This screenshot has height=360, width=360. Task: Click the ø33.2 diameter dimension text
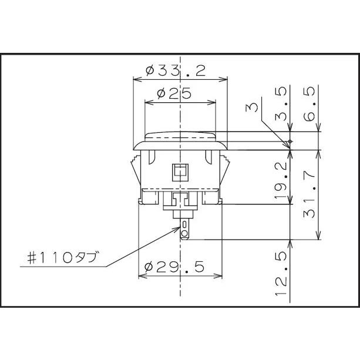coord(176,71)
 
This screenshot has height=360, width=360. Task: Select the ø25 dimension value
coord(174,93)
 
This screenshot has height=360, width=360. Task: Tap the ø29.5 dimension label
coord(174,267)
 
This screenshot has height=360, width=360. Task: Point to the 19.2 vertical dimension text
coord(281,181)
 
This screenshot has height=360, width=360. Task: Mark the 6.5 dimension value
coord(309,104)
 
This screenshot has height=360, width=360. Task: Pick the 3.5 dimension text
coord(281,104)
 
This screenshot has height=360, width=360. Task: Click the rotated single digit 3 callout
coord(252,108)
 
